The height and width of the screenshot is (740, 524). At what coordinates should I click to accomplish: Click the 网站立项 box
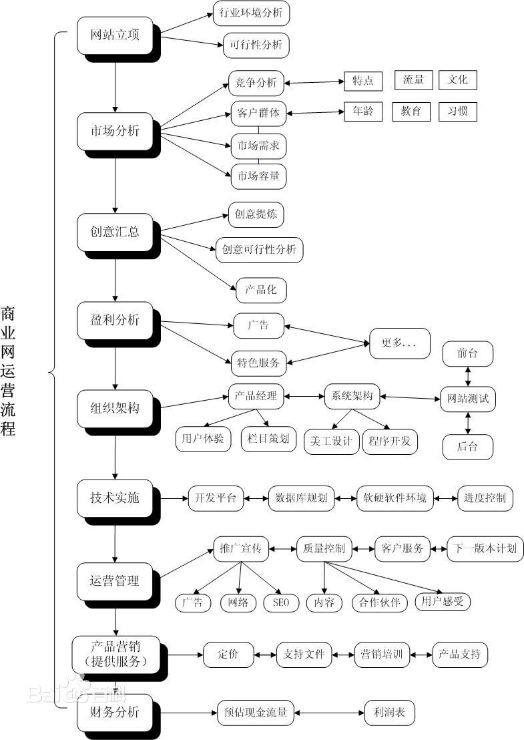pos(115,35)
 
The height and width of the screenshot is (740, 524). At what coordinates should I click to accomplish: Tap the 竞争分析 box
pos(256,83)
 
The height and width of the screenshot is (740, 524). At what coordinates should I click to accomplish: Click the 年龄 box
pos(363,112)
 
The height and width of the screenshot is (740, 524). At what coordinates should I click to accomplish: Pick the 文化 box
pos(458,80)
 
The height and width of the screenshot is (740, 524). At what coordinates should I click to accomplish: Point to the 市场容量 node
pos(258,177)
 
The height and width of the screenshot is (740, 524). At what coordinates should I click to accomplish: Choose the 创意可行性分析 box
pos(259,249)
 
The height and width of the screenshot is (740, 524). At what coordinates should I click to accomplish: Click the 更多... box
pos(400,343)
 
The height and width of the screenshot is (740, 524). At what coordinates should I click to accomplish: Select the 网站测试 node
pos(468,399)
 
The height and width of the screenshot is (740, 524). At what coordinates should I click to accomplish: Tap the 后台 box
pos(468,447)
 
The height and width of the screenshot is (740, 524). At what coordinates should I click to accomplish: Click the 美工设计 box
pos(331,441)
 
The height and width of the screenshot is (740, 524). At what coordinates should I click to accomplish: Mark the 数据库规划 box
pos(301,498)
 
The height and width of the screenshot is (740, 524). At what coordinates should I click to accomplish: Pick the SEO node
pos(281,602)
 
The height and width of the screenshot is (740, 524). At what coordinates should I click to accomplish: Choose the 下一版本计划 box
pos(485,549)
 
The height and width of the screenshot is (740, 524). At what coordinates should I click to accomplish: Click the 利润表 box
pos(389,713)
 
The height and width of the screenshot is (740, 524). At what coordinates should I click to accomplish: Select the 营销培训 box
pos(381,655)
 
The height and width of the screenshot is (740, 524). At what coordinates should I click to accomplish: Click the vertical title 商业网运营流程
pos(9,371)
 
